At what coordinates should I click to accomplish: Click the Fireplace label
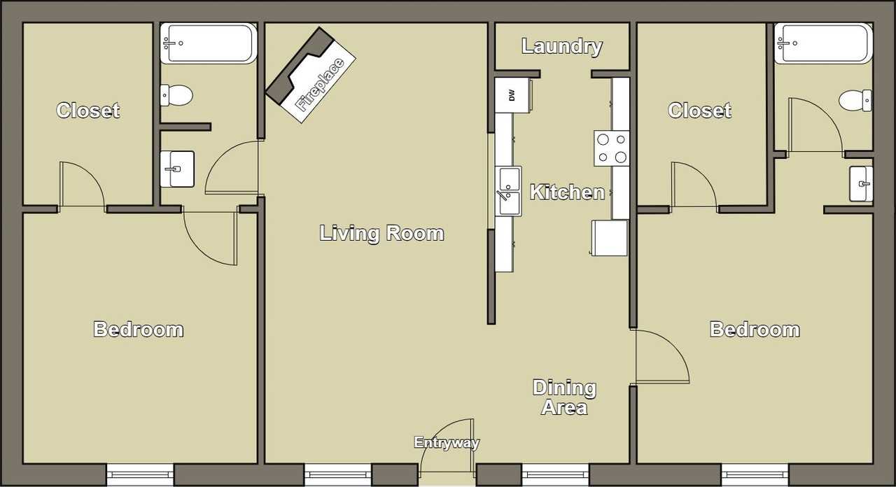point(321,85)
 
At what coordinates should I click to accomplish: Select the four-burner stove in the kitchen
point(611,148)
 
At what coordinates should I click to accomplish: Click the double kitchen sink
point(508,191)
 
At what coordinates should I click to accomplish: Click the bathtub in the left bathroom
point(208,43)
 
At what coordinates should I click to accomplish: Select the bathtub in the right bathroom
point(823,43)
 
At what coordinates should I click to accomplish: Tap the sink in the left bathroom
point(177,169)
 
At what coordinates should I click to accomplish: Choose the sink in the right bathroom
point(861,184)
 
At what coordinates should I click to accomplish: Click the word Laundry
point(562,47)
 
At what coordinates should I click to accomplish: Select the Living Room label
point(381,233)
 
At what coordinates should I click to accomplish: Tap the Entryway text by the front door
point(447,443)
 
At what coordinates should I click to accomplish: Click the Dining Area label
point(564,397)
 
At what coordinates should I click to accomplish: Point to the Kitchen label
point(567,192)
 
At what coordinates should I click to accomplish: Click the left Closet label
point(88,111)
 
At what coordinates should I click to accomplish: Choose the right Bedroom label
point(755,330)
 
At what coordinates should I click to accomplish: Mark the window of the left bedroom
point(140,474)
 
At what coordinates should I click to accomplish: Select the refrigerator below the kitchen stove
point(610,238)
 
